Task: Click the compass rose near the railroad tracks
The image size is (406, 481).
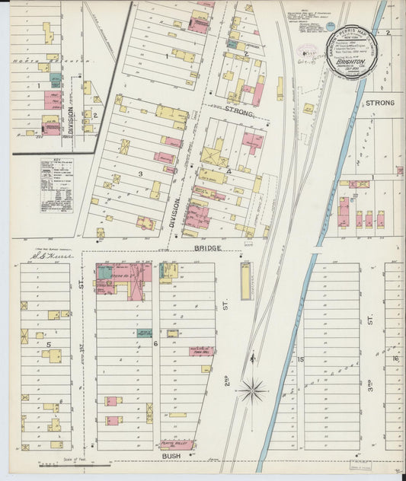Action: point(251,391)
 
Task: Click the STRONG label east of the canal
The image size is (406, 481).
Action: point(380,102)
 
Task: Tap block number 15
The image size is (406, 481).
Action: point(301,359)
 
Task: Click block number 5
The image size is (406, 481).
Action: point(48,344)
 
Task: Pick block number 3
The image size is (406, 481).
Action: point(140,174)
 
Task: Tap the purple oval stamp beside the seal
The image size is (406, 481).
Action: point(308,54)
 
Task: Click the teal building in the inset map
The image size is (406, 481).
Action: point(55,78)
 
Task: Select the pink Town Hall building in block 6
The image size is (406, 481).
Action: point(201,351)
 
